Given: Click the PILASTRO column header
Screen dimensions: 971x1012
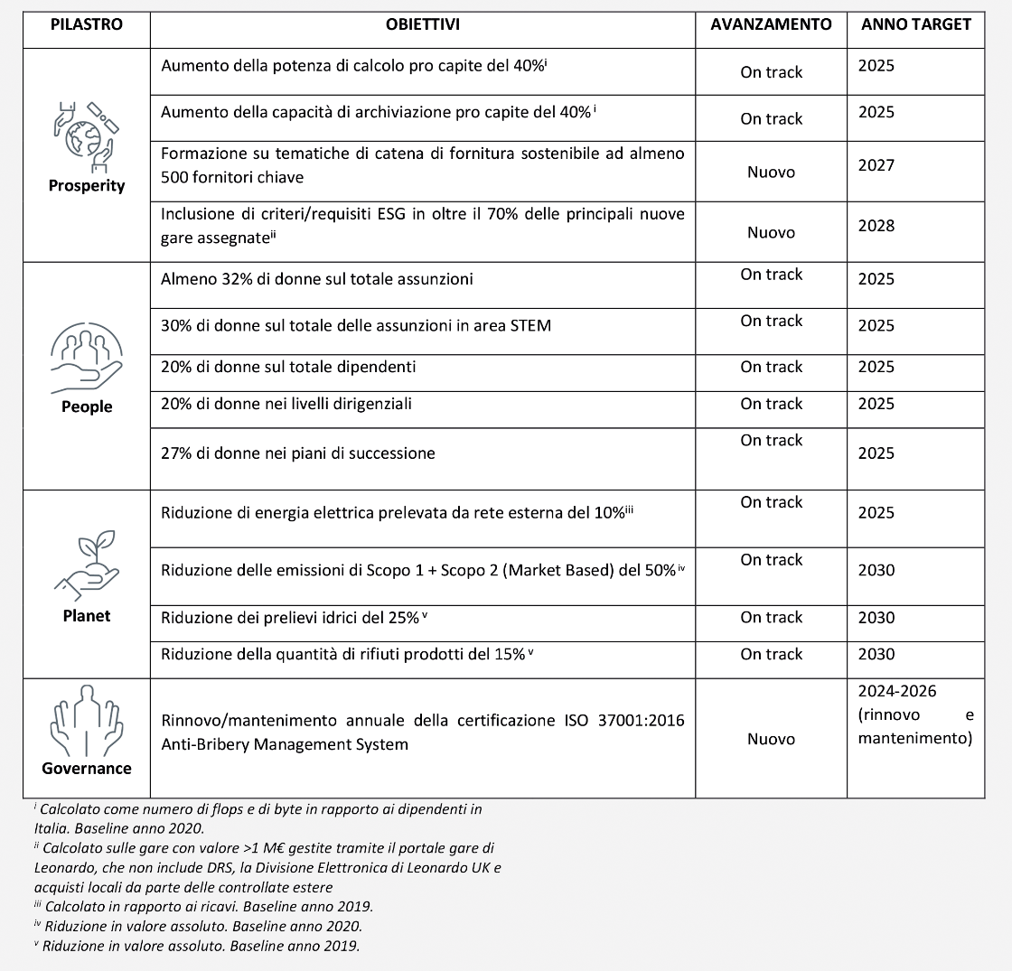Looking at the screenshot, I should [x=87, y=24].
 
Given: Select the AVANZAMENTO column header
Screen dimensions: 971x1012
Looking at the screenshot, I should [x=771, y=24].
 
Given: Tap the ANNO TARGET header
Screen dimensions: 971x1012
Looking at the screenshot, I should [x=915, y=24].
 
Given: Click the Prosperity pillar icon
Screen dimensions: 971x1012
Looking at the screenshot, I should [x=88, y=135].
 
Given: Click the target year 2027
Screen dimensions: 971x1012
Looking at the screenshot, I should [x=876, y=165].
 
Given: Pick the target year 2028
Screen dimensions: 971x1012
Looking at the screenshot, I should [x=876, y=226].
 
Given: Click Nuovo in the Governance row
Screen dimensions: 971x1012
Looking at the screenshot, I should [x=771, y=739].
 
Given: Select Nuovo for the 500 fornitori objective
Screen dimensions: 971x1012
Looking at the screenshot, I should [x=771, y=172].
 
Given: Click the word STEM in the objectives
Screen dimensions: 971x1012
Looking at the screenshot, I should [x=532, y=325].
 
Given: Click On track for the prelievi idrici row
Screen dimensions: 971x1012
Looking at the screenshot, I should [x=771, y=618].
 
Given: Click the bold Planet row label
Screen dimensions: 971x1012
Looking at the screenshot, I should [x=87, y=616].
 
